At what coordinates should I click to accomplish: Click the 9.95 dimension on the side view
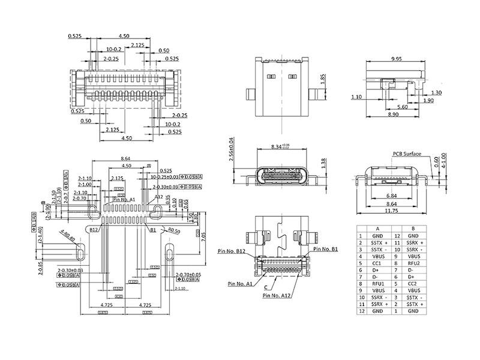tap(396, 59)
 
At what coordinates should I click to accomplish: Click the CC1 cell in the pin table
tap(377, 262)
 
